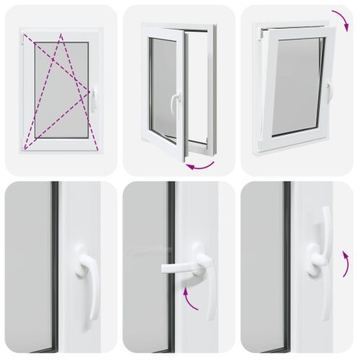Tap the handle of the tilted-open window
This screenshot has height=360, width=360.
coord(328,92)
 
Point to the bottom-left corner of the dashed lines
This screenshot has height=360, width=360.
coord(26,148)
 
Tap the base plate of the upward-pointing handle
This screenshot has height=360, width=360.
coord(317,263)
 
